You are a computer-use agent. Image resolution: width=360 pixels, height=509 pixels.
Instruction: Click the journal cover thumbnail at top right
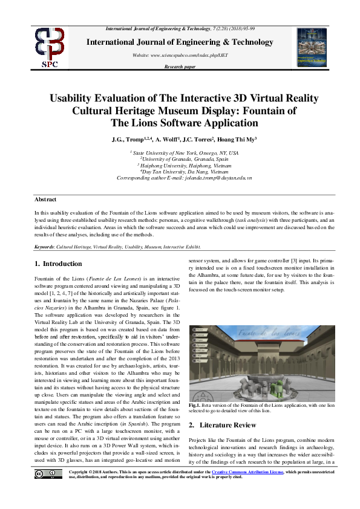point(312,47)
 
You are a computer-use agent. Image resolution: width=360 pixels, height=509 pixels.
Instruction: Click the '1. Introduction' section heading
point(58,264)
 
